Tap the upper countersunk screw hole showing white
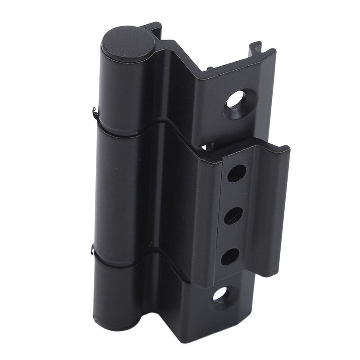pyautogui.click(x=236, y=99)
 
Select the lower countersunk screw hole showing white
pyautogui.click(x=220, y=294)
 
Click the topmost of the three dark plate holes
pyautogui.click(x=237, y=173)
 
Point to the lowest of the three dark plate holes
pyautogui.click(x=229, y=256)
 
